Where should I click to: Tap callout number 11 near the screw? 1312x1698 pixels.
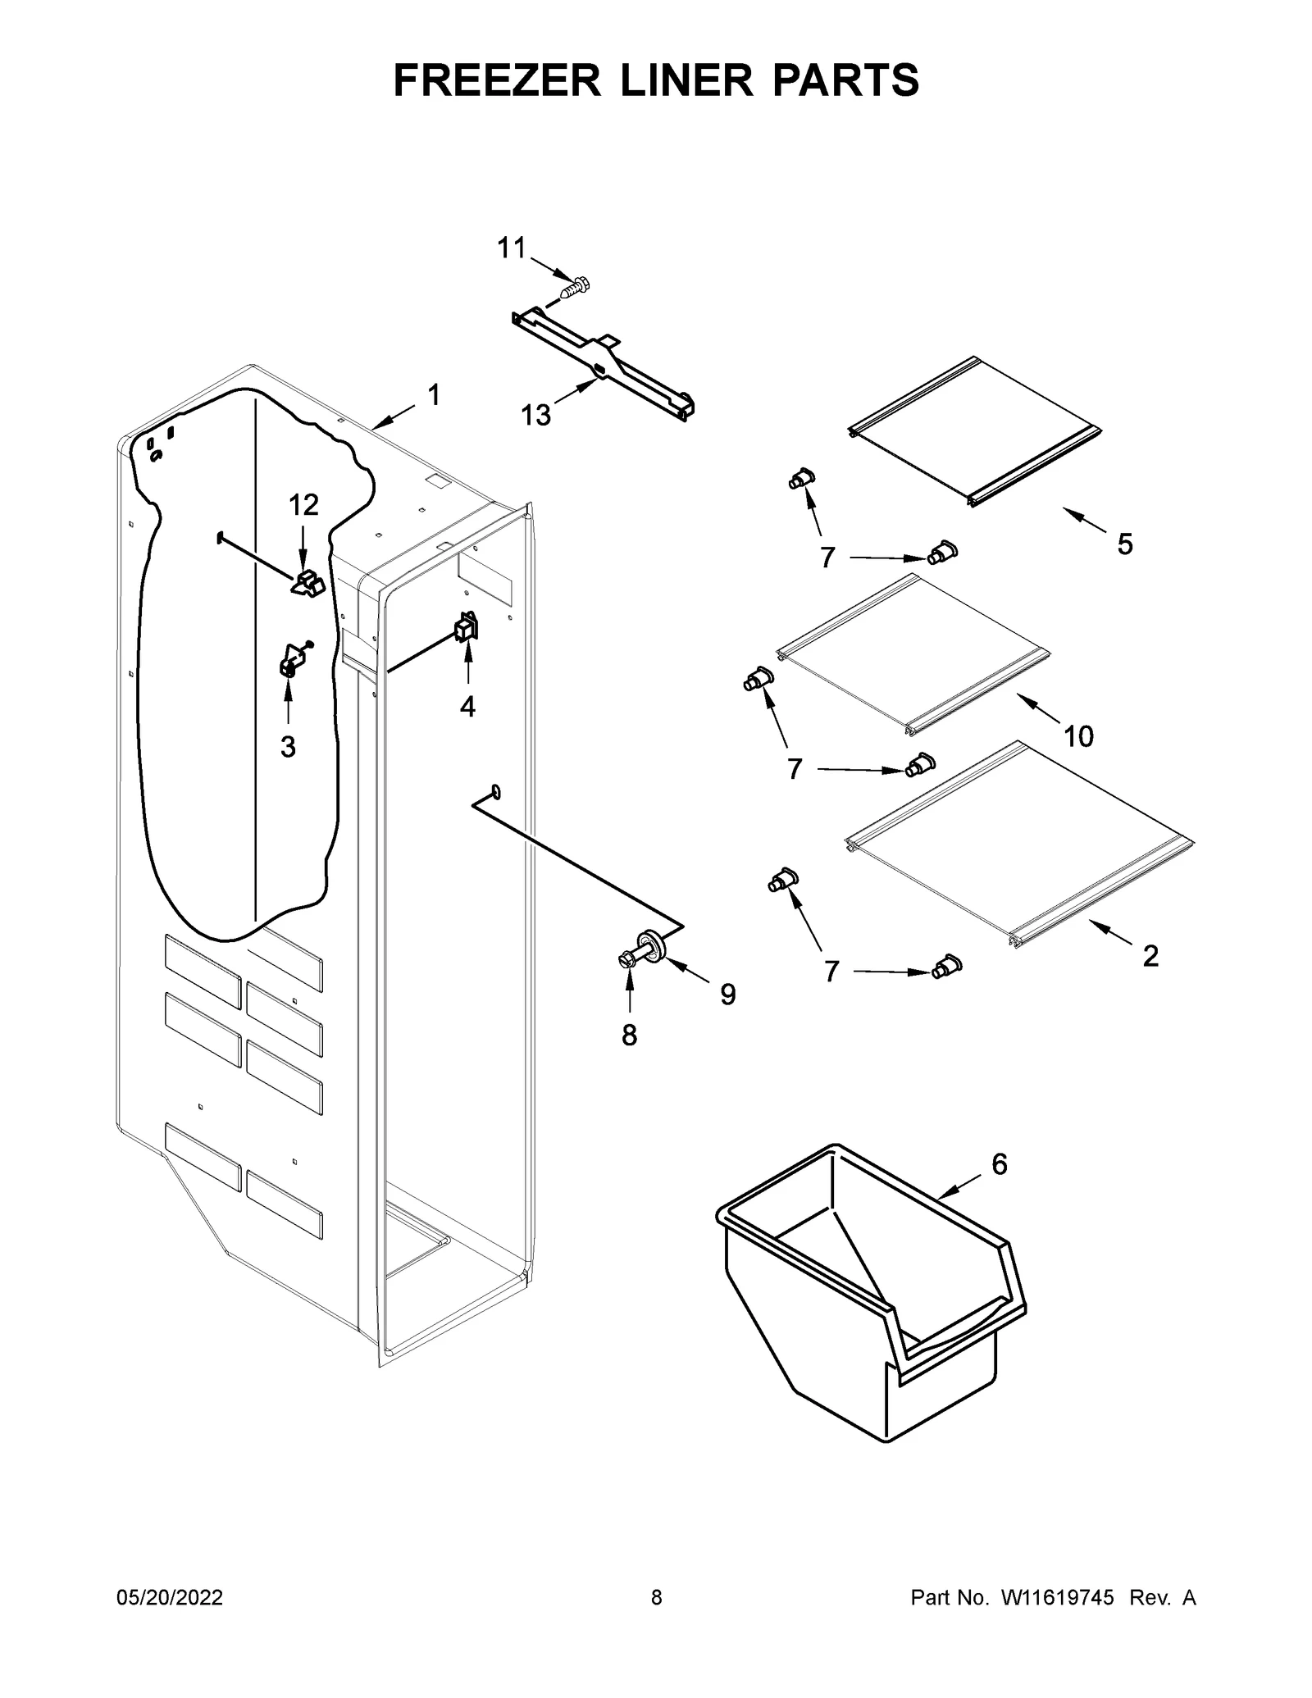click(512, 248)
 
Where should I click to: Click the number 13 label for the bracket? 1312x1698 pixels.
click(536, 416)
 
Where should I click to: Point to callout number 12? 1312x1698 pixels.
click(303, 505)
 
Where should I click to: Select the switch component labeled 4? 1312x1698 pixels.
click(467, 628)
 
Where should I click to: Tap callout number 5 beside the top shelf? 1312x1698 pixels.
click(1125, 544)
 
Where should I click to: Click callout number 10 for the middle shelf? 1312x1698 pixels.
click(1078, 736)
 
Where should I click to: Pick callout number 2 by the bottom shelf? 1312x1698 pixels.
click(1150, 955)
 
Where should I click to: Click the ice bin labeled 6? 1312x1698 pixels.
click(869, 1295)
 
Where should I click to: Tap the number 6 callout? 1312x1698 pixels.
click(1000, 1163)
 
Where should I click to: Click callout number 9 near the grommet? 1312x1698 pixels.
click(728, 995)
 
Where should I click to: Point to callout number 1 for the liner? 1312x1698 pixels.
click(434, 395)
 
